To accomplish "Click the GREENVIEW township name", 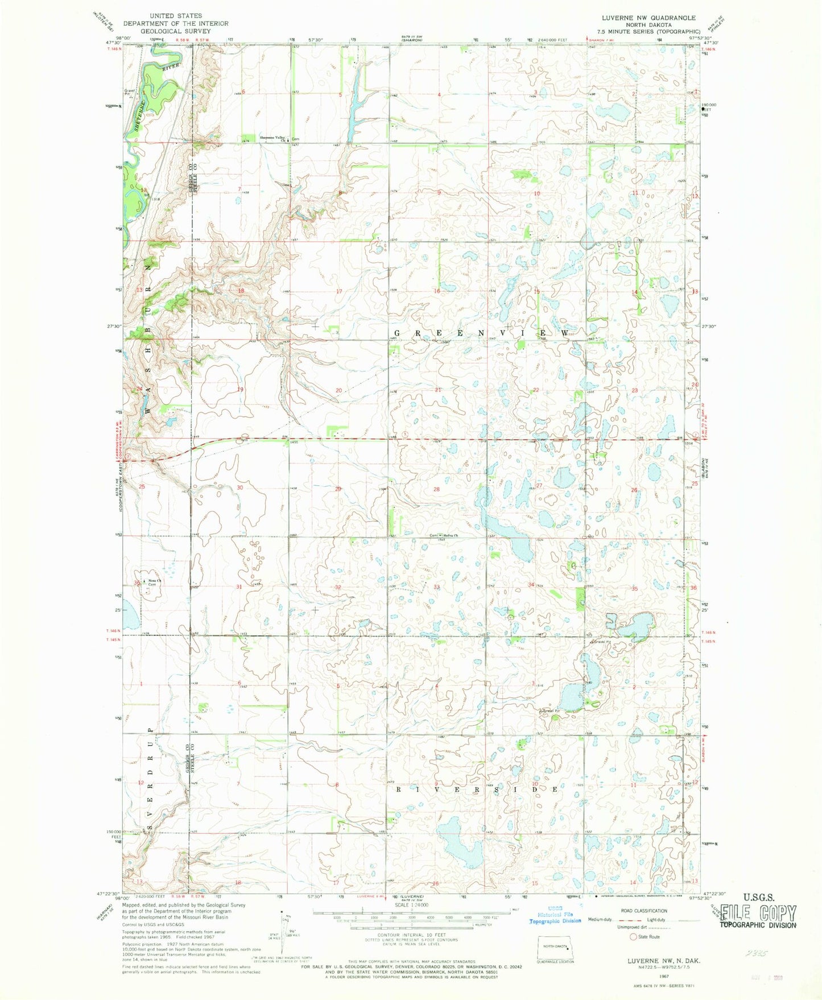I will tap(481, 332).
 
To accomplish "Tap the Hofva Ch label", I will tap(451, 535).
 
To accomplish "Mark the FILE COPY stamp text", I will tap(758, 914).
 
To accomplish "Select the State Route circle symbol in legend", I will tap(633, 936).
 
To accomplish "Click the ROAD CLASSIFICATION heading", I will tap(643, 911).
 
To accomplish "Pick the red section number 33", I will tap(437, 586).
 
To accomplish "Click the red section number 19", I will tap(240, 390).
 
